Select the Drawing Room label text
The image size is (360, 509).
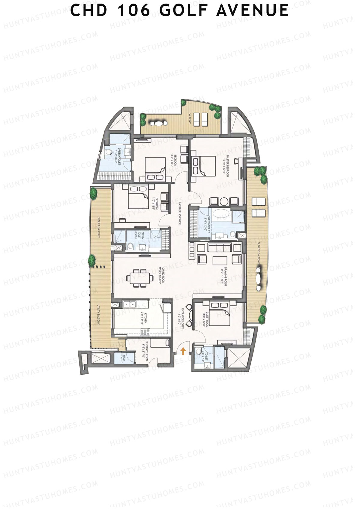[x=224, y=276]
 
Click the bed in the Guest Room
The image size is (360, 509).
[x=219, y=314]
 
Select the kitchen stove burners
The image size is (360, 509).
[x=145, y=332]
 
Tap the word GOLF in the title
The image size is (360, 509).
[x=184, y=10]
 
